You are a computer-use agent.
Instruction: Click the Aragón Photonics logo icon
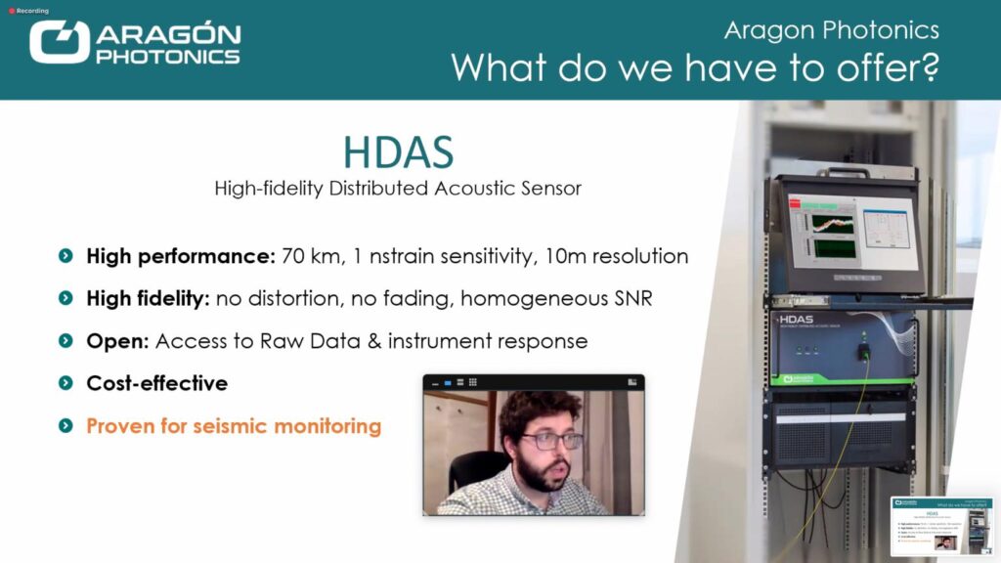tap(60, 43)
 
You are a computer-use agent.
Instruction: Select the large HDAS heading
tap(398, 153)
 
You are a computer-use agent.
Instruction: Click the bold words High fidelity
tap(148, 299)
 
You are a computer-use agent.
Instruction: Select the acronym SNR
tap(630, 299)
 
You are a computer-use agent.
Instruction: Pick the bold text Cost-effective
tap(156, 383)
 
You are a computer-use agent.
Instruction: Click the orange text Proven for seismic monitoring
tap(234, 426)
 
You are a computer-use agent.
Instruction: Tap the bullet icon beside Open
tap(65, 341)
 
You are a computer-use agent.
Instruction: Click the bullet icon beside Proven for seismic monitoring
tap(65, 426)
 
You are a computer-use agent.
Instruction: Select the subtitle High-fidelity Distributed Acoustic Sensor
tap(398, 188)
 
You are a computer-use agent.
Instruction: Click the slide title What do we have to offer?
tap(694, 67)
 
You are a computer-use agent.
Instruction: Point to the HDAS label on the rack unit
tap(801, 320)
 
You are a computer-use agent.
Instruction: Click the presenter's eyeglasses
tap(550, 440)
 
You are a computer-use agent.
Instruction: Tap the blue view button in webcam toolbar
tap(448, 382)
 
